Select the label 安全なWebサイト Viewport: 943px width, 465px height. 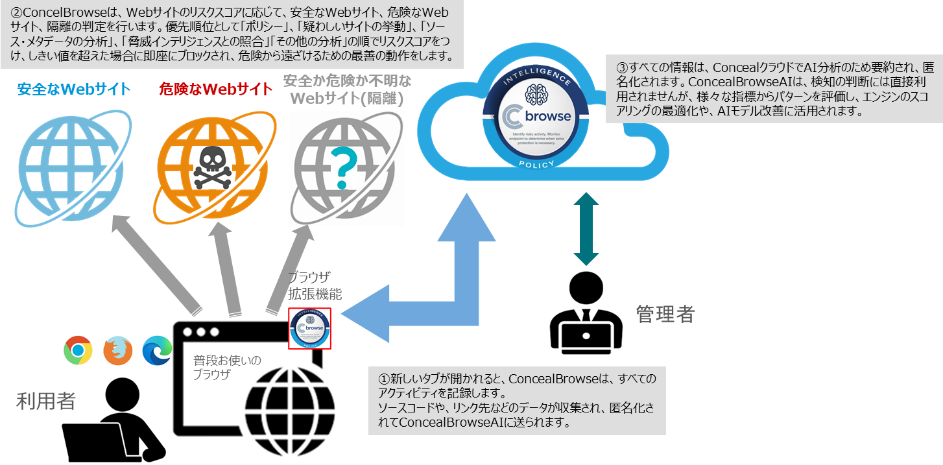coord(74,89)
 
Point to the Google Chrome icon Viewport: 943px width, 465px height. coord(78,350)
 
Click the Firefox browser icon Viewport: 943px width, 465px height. coord(117,351)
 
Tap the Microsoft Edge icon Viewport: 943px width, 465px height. coord(156,350)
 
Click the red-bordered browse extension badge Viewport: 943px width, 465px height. coord(309,328)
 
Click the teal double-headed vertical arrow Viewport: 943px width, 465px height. coord(586,228)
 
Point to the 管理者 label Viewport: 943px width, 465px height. coord(665,315)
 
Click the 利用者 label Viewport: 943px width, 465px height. coord(45,401)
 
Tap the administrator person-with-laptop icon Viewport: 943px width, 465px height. coord(586,313)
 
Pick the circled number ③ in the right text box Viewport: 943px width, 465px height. coord(622,66)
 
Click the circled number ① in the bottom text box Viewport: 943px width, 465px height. coord(385,378)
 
